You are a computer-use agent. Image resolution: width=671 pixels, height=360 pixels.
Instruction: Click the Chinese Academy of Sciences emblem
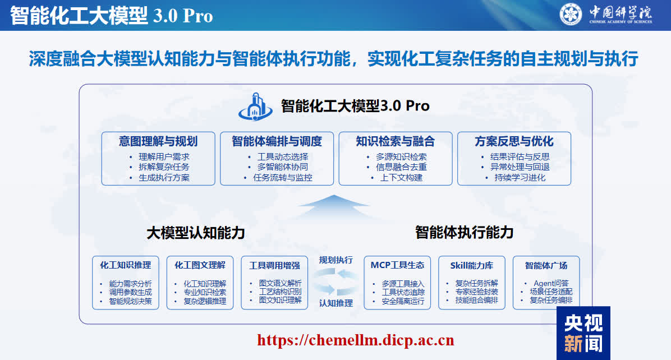click(x=571, y=14)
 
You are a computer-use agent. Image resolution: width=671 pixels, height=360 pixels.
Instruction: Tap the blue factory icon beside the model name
click(x=255, y=107)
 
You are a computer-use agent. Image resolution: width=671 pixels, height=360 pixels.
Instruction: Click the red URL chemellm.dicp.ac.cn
click(x=356, y=340)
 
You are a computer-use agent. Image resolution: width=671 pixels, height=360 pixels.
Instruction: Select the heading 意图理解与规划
click(x=158, y=141)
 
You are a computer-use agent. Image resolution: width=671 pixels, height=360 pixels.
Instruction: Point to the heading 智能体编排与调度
click(x=277, y=141)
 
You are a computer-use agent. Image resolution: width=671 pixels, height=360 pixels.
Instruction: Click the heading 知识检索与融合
click(x=396, y=141)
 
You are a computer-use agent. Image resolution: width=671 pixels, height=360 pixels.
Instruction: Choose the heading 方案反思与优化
click(x=514, y=141)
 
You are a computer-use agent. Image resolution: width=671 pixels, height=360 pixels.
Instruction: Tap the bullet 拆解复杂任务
click(x=164, y=167)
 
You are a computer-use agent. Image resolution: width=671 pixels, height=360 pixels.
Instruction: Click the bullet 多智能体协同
click(x=282, y=167)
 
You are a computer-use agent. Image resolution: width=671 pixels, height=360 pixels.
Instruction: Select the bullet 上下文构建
click(x=401, y=177)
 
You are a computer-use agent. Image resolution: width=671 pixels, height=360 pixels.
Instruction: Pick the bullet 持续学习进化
click(x=520, y=177)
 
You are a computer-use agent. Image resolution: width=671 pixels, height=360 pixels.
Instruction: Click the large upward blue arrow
click(x=334, y=206)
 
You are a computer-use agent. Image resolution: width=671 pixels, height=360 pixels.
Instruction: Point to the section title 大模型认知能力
click(x=196, y=233)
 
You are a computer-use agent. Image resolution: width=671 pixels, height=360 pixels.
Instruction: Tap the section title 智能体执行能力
click(x=465, y=233)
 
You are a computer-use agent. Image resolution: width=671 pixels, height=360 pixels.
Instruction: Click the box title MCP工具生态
click(x=397, y=265)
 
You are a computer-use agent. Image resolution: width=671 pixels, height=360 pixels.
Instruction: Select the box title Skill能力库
click(x=472, y=265)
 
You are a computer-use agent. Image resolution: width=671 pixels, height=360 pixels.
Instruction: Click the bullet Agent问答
click(x=551, y=283)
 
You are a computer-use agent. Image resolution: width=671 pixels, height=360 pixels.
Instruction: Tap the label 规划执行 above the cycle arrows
click(x=336, y=260)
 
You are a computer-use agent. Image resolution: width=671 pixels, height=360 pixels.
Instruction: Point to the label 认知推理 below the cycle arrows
click(x=336, y=303)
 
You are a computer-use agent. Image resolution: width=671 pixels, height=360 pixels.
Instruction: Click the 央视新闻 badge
click(x=583, y=333)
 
